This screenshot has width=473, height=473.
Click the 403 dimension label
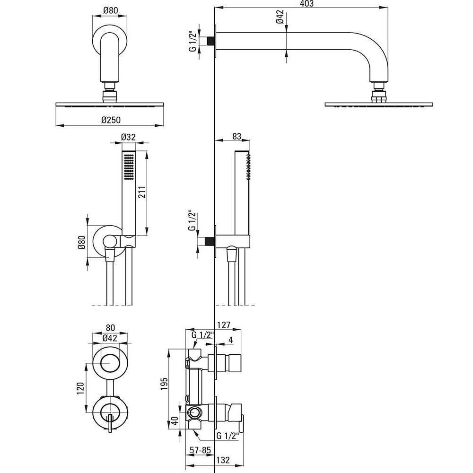307,4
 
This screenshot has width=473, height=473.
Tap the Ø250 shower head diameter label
111,120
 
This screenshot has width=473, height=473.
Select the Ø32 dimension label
128,137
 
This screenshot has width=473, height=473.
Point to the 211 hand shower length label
142,192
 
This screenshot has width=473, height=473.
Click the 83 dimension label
237,136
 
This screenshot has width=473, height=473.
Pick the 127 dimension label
224,325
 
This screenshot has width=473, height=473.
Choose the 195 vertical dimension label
164,384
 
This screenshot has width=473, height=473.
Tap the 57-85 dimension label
200,450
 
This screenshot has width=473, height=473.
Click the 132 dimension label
223,460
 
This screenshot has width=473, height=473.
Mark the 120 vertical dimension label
80,388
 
